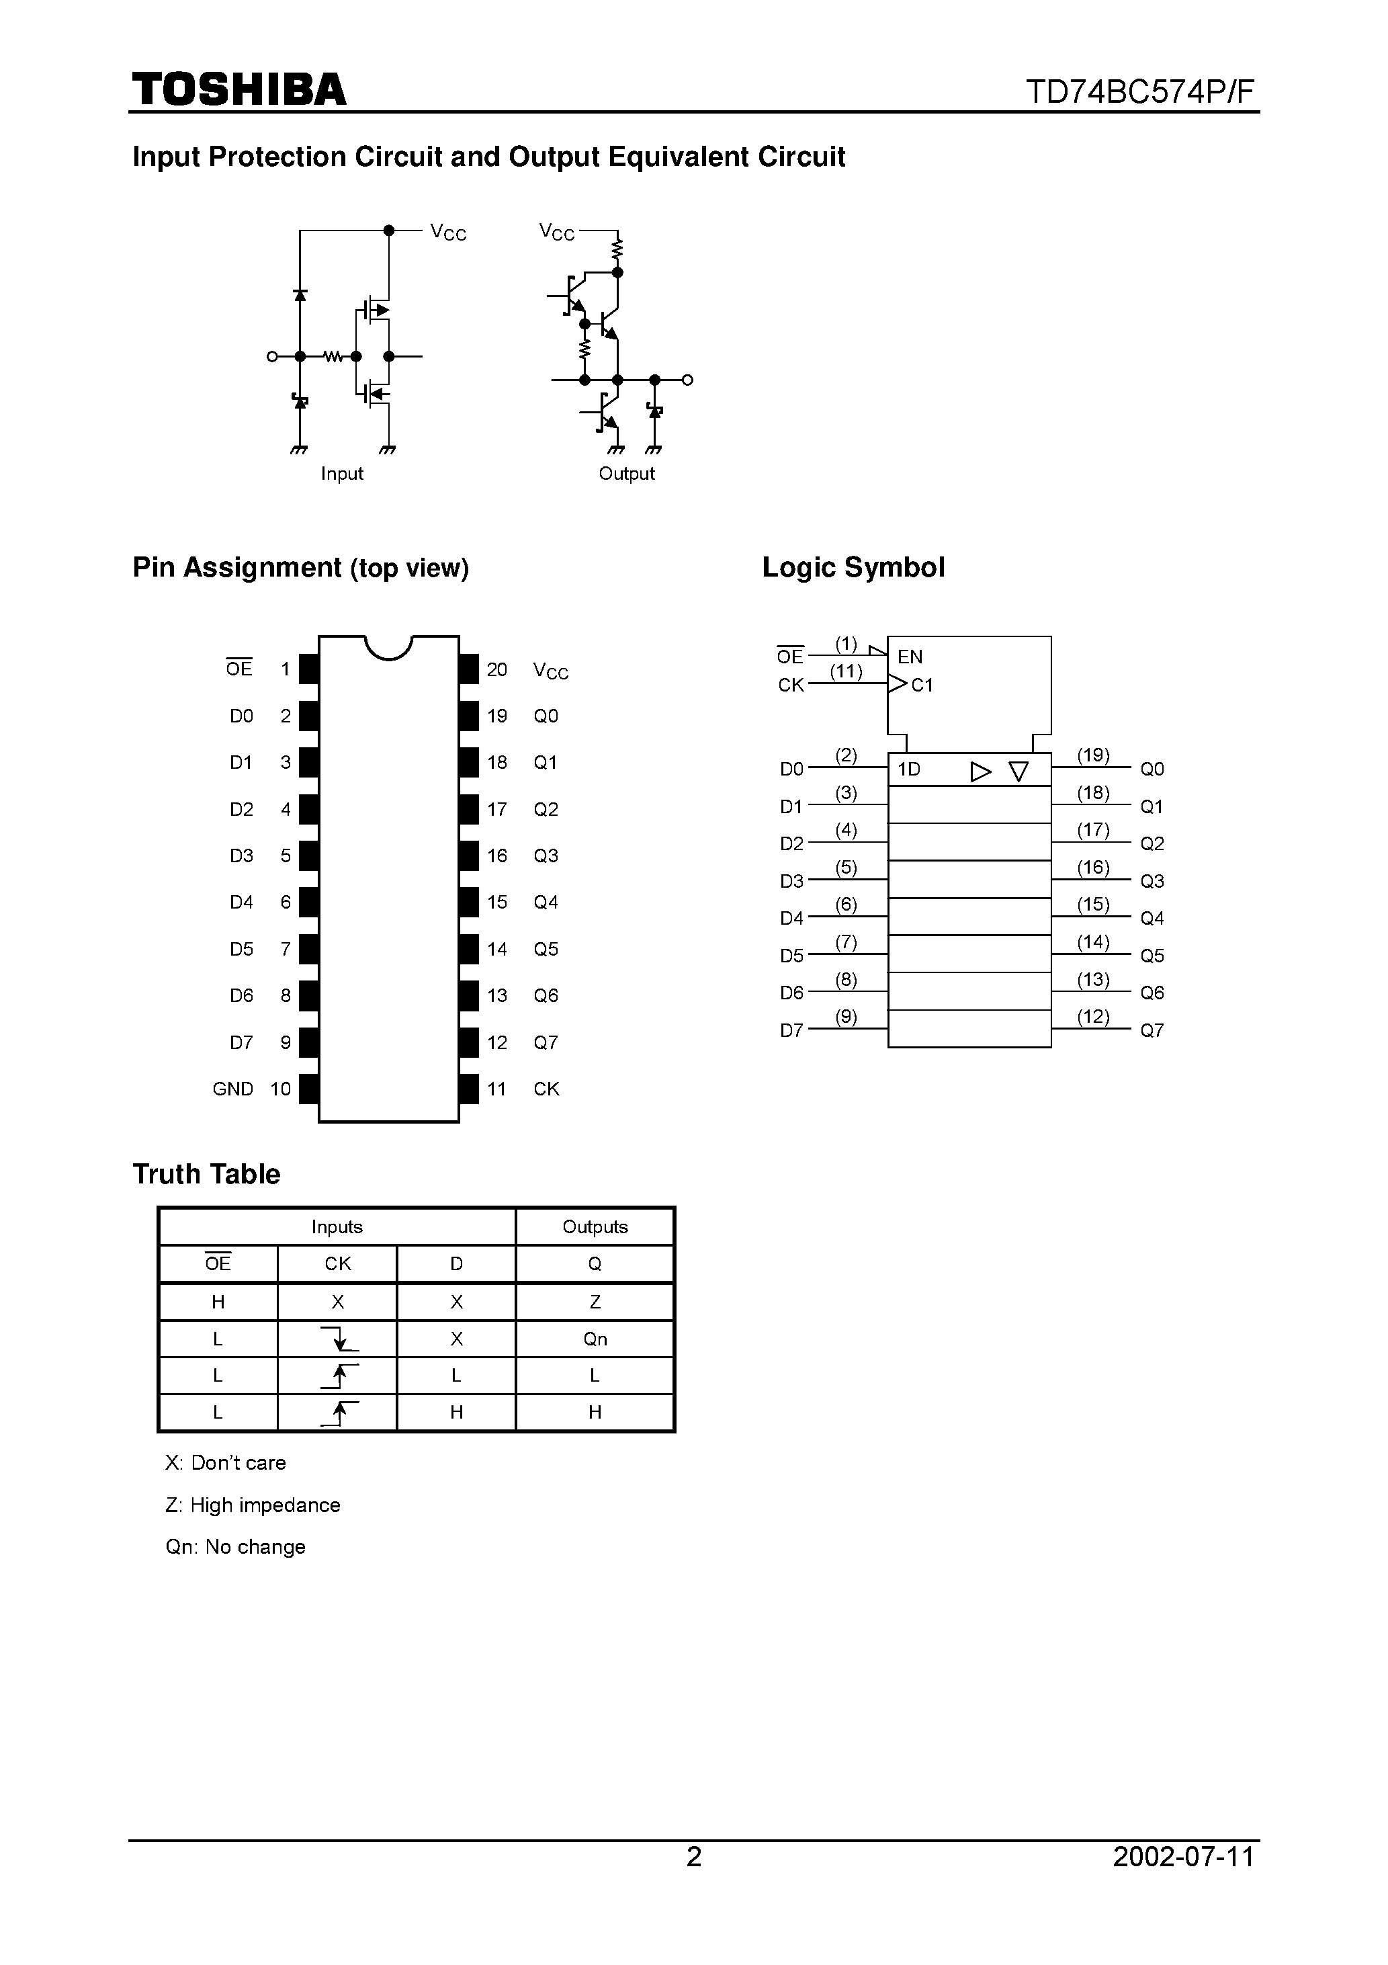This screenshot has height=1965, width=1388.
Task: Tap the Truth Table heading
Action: click(x=206, y=1173)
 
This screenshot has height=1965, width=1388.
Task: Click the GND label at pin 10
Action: click(x=232, y=1089)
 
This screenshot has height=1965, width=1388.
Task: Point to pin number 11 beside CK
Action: click(x=496, y=1089)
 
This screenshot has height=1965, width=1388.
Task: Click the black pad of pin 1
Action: click(x=308, y=669)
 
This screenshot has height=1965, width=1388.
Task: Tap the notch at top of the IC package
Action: click(x=388, y=647)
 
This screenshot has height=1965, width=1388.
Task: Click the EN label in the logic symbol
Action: click(x=910, y=657)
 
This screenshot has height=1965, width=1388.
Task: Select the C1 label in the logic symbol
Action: click(x=922, y=685)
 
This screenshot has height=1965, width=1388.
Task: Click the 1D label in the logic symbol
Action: click(x=909, y=769)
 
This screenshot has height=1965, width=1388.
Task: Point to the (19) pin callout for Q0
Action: click(x=1093, y=755)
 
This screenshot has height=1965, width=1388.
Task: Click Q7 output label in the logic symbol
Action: click(x=1152, y=1030)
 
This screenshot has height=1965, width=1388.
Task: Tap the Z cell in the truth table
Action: click(x=595, y=1302)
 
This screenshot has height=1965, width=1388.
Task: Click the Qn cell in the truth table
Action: click(x=595, y=1339)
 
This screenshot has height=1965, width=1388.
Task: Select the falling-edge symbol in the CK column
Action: click(x=338, y=1339)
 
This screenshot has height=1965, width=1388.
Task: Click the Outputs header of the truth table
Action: click(x=595, y=1226)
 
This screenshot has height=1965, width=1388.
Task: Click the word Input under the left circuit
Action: click(x=341, y=473)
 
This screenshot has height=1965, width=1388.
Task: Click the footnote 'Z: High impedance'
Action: click(x=253, y=1505)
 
